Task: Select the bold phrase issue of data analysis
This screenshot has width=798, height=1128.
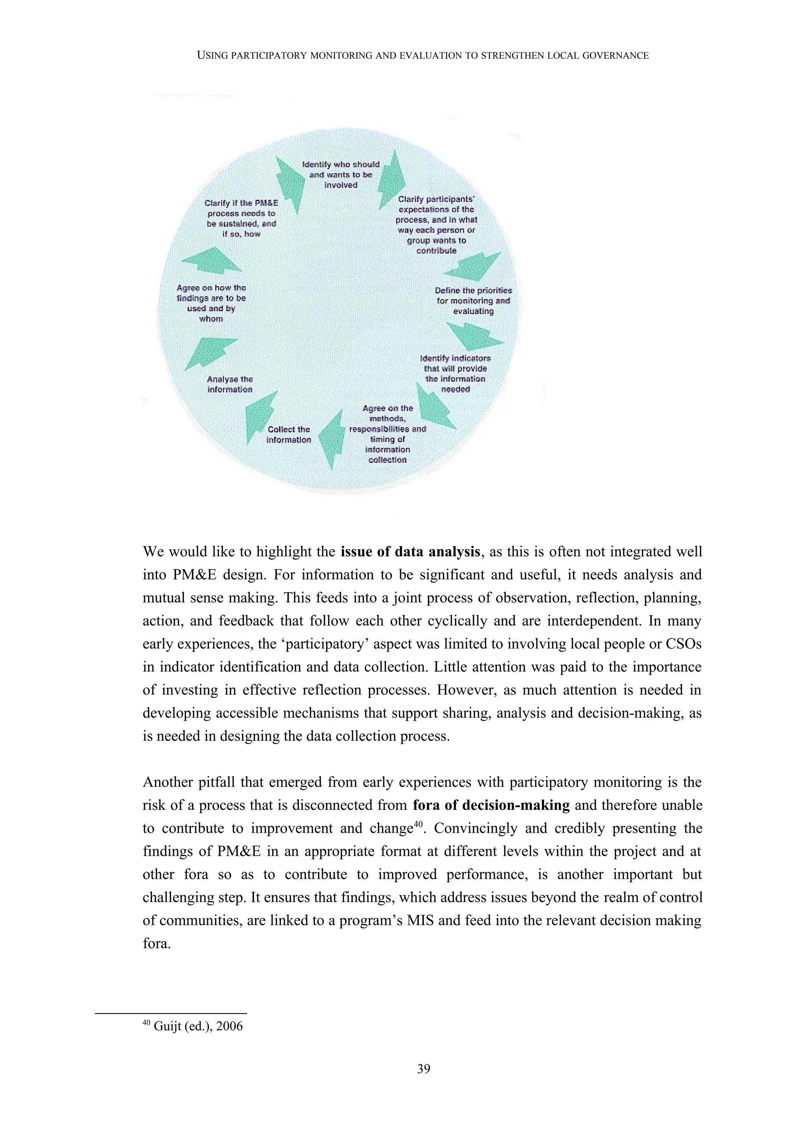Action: coord(410,552)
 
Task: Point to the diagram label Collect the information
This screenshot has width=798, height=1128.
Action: coord(289,434)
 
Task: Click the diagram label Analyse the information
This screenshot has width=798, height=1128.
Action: coord(230,384)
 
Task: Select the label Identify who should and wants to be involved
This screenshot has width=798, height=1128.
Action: coord(341,174)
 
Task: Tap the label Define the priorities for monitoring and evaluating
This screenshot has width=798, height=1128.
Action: coord(473,301)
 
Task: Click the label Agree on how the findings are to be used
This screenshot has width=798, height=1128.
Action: coord(211,303)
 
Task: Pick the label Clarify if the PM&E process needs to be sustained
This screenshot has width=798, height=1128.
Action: coord(241,218)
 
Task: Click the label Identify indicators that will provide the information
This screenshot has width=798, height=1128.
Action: coord(455,374)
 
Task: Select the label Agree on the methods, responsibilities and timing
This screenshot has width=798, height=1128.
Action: coord(387,434)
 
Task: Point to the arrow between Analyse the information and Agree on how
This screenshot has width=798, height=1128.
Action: coord(209,351)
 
